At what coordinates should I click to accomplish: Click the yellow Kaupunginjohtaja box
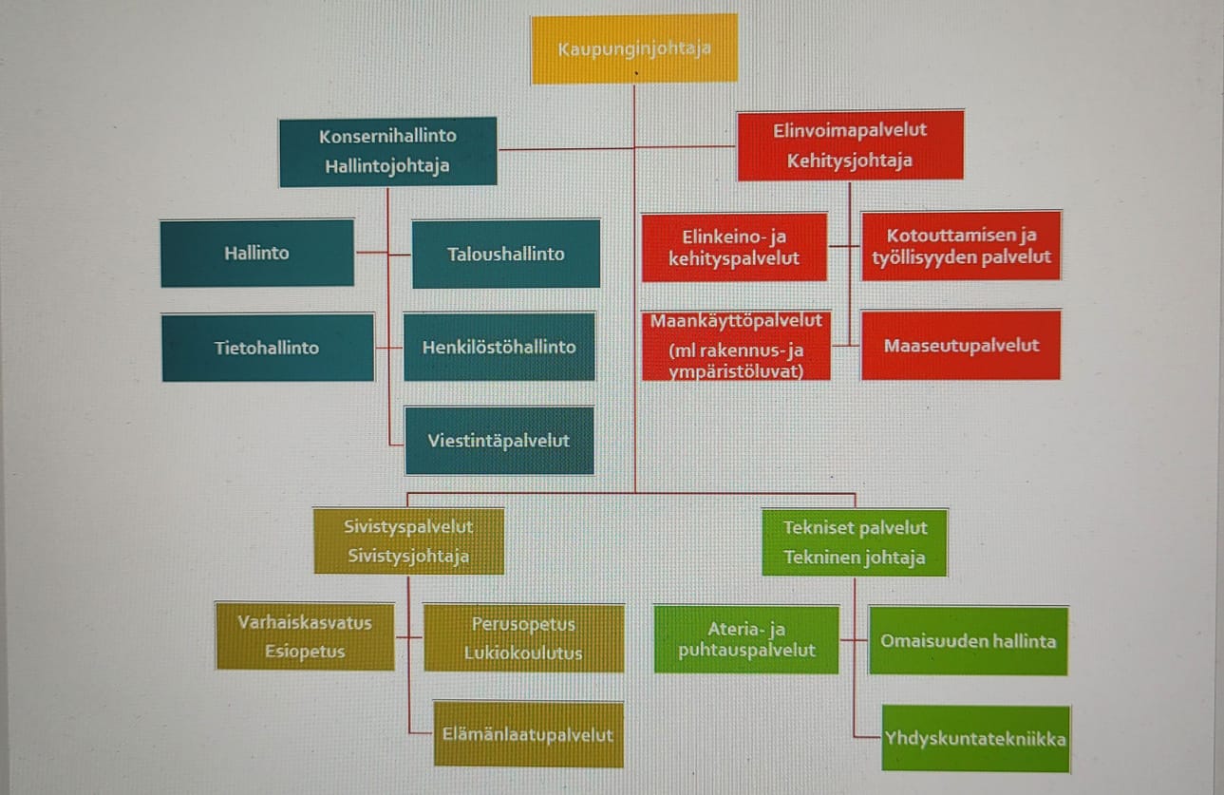click(x=634, y=48)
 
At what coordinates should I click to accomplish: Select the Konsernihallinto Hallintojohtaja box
click(x=387, y=151)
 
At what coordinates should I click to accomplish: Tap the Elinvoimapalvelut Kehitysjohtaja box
click(x=850, y=145)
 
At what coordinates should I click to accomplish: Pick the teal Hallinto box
click(x=257, y=254)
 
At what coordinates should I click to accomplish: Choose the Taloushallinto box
click(x=506, y=254)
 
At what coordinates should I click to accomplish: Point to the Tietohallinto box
click(x=267, y=348)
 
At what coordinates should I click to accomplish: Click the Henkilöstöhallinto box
click(x=499, y=347)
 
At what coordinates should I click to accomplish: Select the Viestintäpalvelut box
click(x=499, y=441)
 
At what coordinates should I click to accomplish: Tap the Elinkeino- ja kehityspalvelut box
click(x=734, y=247)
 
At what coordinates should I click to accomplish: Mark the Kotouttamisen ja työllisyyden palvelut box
click(x=961, y=246)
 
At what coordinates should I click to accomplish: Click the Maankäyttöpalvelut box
click(x=736, y=346)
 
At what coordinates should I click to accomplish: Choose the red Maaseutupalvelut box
click(x=961, y=346)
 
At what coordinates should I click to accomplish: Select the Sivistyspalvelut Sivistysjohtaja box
click(x=408, y=541)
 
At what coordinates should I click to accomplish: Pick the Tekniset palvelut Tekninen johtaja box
click(x=855, y=542)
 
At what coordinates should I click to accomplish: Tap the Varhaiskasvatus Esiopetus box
click(x=305, y=637)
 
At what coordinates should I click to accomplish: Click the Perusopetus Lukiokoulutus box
click(x=523, y=638)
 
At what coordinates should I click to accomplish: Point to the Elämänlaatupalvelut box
click(x=528, y=734)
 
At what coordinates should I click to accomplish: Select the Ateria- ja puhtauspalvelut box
click(x=746, y=639)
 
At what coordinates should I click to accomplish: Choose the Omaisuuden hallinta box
click(x=968, y=640)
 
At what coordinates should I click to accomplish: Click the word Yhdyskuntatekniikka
click(x=975, y=739)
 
